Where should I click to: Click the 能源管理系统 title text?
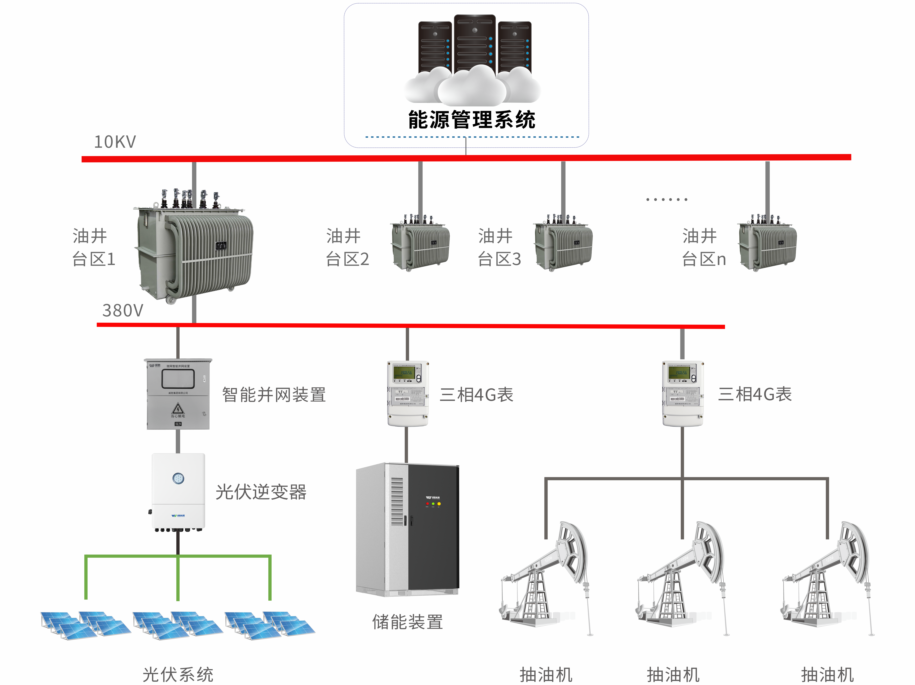472,120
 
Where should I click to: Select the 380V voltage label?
122,310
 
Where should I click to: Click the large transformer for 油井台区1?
194,248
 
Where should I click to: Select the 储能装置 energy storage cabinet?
407,529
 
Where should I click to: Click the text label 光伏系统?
178,675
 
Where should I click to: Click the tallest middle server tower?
474,43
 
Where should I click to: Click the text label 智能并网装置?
274,395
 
